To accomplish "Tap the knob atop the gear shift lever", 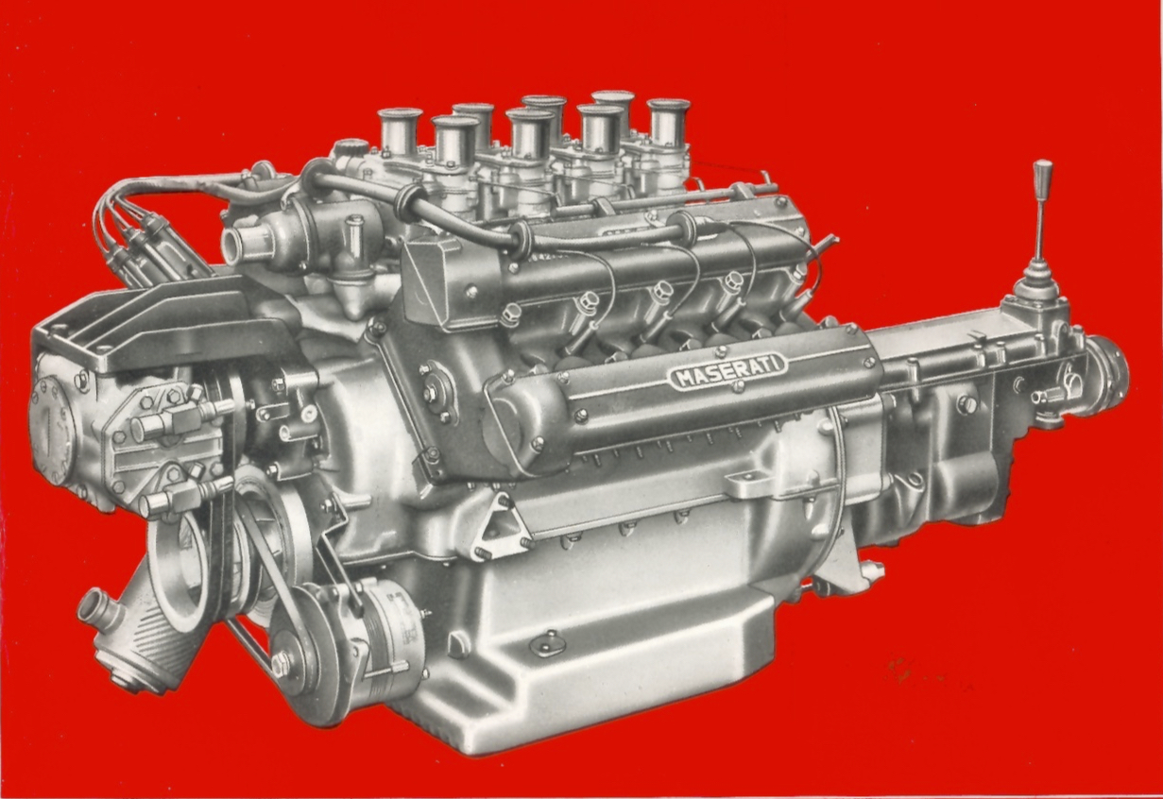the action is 1043,177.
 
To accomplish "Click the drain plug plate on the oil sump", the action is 549,645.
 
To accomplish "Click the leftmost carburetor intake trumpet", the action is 400,131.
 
